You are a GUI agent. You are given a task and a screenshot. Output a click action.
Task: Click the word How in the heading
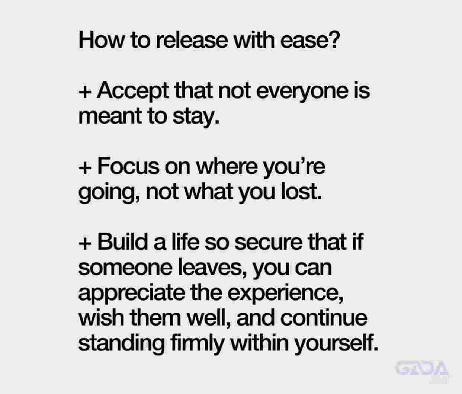(x=101, y=40)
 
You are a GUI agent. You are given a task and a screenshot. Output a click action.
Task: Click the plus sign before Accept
(x=85, y=92)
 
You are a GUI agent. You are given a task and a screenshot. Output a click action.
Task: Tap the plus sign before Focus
(x=85, y=168)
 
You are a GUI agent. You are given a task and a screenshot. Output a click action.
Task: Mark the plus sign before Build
(x=85, y=243)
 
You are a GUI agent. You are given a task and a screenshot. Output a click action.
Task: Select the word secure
(x=269, y=243)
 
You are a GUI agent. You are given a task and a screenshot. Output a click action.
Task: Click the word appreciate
(x=132, y=294)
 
